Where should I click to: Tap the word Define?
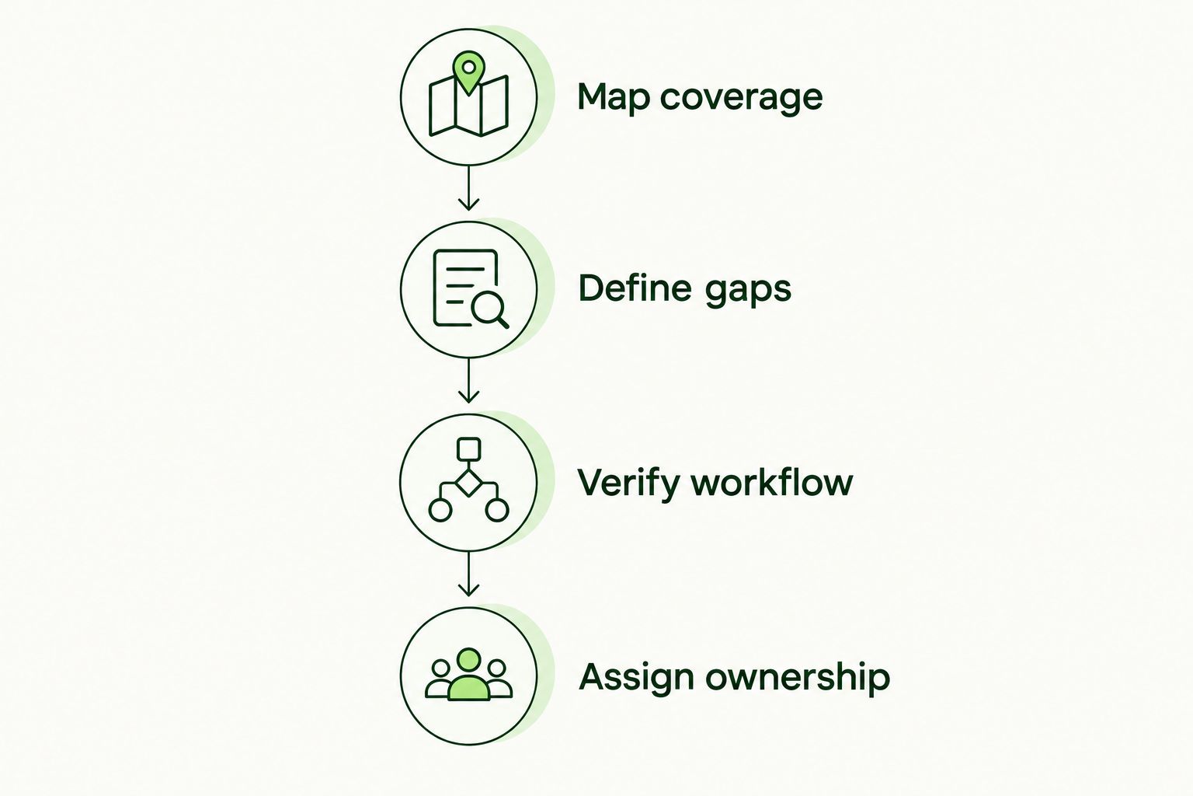click(x=635, y=288)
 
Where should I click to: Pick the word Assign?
click(x=636, y=678)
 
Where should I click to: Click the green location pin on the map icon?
click(x=468, y=73)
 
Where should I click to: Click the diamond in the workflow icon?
click(x=468, y=484)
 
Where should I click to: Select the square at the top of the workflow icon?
click(x=468, y=449)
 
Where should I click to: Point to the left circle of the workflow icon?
click(x=440, y=510)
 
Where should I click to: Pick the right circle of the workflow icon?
click(x=497, y=510)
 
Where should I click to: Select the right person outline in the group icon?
click(x=499, y=679)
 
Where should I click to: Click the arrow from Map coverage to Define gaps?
click(x=468, y=187)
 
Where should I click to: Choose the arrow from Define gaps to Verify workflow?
click(x=468, y=380)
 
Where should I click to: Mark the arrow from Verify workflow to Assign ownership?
click(x=468, y=573)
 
